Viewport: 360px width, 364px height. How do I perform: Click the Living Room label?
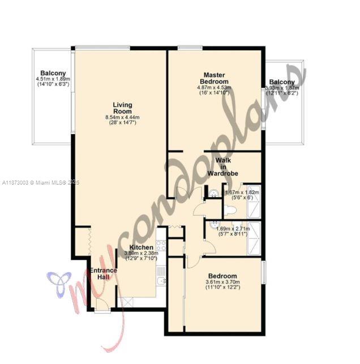(x=122, y=108)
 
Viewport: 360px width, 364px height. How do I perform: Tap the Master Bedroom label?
(x=215, y=78)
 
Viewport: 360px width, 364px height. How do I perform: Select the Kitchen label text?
(x=140, y=248)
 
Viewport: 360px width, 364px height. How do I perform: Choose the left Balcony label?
(x=53, y=74)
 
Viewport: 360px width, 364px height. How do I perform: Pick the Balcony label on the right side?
(x=281, y=82)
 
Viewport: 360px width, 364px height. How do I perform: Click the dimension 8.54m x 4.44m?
(x=122, y=117)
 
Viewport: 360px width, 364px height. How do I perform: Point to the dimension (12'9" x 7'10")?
(x=141, y=259)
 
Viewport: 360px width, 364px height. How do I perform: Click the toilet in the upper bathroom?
(x=229, y=211)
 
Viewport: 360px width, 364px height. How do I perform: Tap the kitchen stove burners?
(x=161, y=246)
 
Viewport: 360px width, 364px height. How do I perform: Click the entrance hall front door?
(x=102, y=306)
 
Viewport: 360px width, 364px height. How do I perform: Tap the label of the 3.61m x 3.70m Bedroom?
(x=222, y=276)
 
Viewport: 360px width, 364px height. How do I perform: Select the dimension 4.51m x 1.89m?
(x=53, y=79)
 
